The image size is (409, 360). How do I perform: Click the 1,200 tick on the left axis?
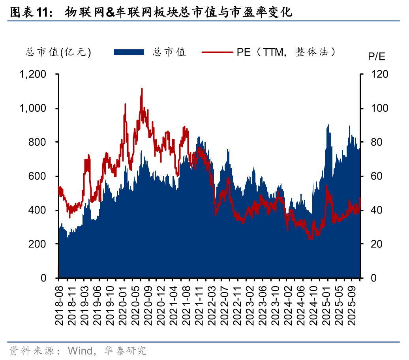34,74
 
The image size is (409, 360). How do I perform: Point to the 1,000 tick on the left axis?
34,108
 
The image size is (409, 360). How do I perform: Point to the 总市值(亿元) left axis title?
58,52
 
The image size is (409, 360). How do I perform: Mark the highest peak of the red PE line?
142,89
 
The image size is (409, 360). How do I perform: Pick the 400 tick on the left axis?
38,210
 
